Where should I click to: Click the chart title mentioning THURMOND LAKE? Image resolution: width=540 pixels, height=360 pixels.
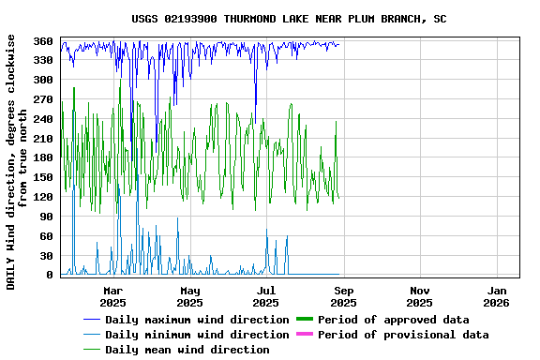coord(289,19)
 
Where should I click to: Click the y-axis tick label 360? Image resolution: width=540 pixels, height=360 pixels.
coord(43,41)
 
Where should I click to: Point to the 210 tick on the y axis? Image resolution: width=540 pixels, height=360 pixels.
coord(43,139)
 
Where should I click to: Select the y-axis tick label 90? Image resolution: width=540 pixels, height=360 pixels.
coord(46,217)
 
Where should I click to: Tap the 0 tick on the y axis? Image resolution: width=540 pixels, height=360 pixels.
coord(50,275)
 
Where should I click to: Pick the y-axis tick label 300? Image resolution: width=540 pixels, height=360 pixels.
coord(43,81)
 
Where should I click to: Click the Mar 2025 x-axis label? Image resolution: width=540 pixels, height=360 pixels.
coord(112,296)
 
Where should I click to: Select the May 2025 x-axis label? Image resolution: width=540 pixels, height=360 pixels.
coord(189,296)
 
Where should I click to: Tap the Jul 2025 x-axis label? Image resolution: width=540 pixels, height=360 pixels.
coord(266,296)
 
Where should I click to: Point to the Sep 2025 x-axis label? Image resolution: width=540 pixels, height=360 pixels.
coord(343,296)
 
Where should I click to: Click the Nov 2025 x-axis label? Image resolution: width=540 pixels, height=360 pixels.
coord(420,296)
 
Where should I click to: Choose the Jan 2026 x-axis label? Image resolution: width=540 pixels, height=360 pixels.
coord(497,296)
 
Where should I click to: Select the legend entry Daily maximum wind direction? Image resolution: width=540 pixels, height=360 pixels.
coord(197,320)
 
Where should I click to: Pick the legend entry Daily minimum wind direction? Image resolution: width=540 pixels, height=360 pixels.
coord(197,335)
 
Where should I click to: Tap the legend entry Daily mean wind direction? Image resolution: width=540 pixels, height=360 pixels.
coord(187,350)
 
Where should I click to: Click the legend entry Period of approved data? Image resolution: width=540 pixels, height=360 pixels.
coord(394,320)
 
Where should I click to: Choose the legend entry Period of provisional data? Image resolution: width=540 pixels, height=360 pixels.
coord(403,335)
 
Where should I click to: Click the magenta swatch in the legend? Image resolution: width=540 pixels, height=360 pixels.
coord(305,335)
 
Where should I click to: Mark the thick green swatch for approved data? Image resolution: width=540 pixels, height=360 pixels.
coord(305,320)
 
